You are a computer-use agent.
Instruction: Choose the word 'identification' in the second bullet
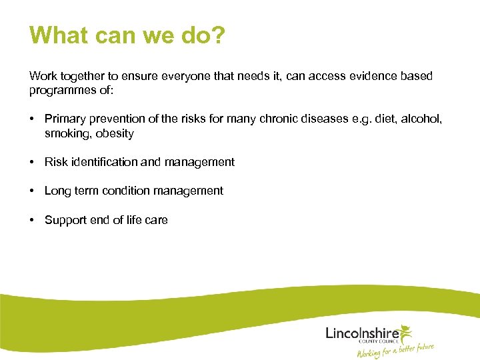[103, 162]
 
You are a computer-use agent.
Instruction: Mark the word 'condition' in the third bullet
[133, 191]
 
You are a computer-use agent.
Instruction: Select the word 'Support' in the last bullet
[65, 220]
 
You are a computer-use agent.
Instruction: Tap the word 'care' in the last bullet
[155, 220]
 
